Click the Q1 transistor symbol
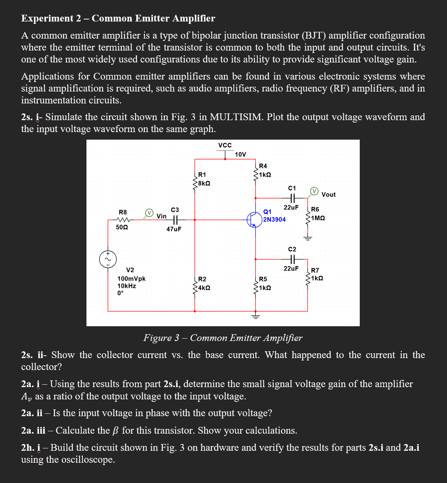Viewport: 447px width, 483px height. tap(254, 220)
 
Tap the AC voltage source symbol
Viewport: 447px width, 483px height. tap(108, 259)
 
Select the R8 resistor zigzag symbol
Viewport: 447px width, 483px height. tap(123, 220)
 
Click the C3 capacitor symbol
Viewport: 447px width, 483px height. tap(176, 219)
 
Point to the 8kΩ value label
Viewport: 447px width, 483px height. tap(204, 183)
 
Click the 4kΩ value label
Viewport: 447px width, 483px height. tap(204, 288)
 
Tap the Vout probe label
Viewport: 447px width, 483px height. tap(328, 195)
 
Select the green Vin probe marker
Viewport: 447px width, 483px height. tap(149, 213)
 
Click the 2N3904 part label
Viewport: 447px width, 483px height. tap(274, 220)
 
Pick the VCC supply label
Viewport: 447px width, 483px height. tap(225, 145)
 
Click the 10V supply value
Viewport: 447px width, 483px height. tap(240, 154)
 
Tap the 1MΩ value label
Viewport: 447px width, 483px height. tap(318, 218)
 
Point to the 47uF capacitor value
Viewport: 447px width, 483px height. tap(174, 229)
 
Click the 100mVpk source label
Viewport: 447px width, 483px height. tap(131, 279)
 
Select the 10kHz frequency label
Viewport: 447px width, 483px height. tap(127, 286)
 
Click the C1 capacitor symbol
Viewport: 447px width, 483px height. tap(292, 197)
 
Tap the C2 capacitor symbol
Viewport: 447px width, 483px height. tap(292, 259)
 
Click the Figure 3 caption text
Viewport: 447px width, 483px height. tap(223, 338)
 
